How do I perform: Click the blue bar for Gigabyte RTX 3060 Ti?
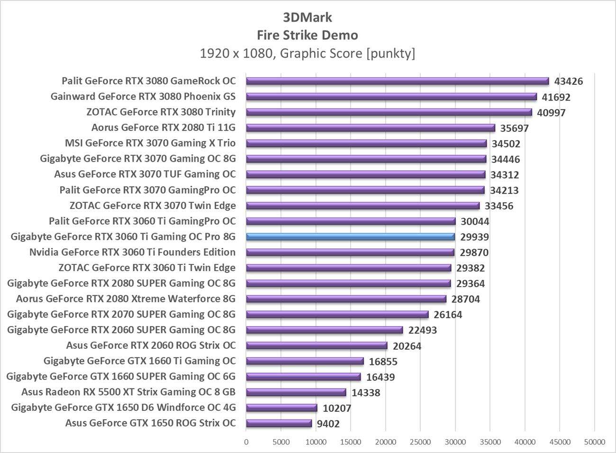350,236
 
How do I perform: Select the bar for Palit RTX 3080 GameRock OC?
397,81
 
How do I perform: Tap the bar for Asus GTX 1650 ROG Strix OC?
279,423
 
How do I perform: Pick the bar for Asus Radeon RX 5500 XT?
296,392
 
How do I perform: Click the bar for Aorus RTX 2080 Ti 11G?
370,127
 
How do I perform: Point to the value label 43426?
568,81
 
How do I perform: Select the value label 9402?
328,424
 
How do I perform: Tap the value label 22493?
422,330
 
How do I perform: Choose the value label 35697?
514,128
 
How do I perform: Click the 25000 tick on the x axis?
420,442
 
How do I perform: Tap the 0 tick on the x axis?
246,442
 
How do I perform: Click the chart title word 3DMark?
308,18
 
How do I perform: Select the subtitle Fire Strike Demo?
308,35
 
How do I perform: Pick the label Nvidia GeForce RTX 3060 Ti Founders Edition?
132,252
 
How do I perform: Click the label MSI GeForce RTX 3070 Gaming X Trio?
150,143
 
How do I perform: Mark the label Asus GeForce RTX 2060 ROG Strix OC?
151,345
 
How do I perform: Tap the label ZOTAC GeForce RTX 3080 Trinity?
161,112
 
